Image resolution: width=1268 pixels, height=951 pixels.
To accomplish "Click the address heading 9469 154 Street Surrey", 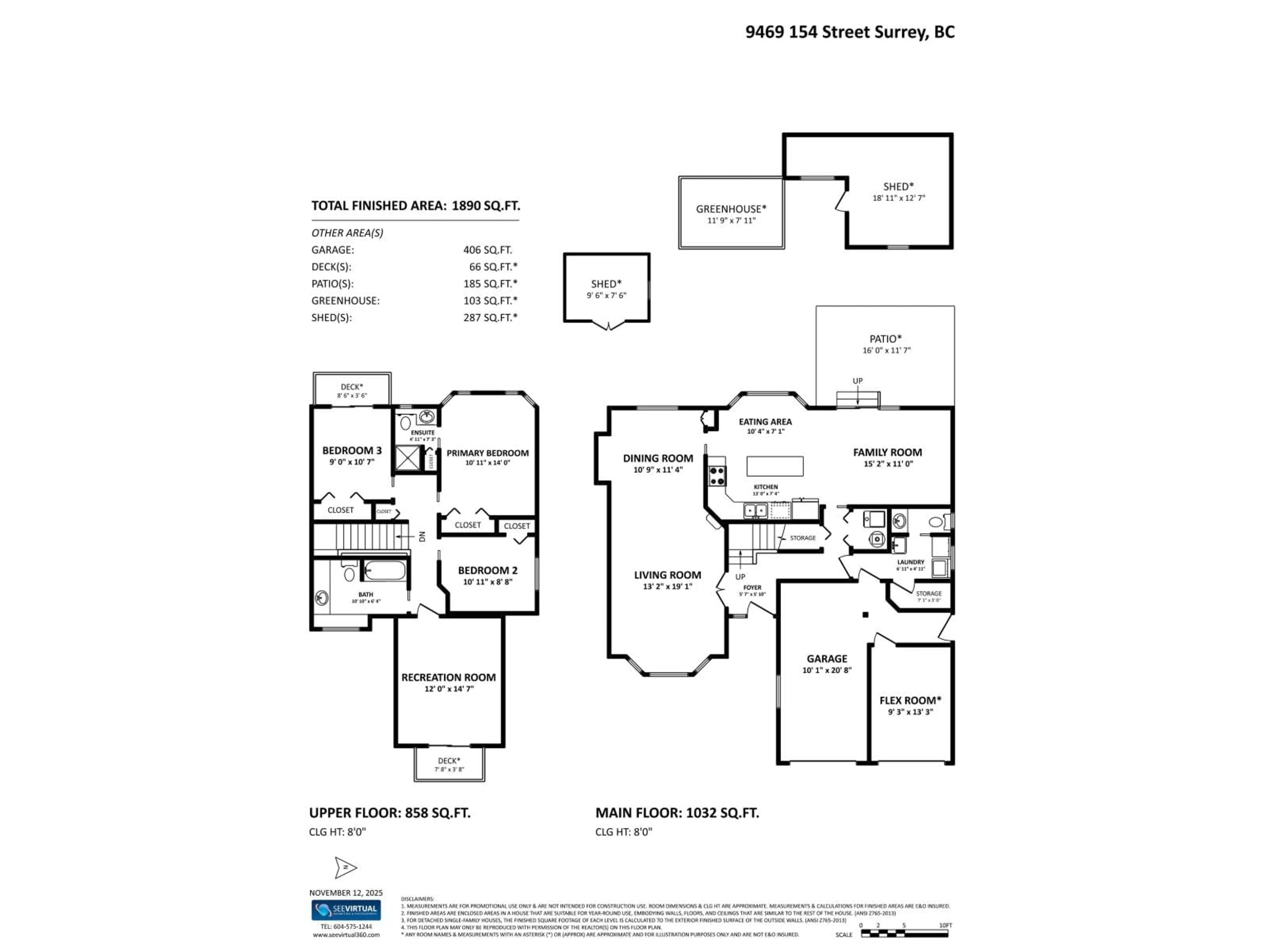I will (850, 32).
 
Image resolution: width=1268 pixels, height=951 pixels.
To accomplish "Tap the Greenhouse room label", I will (731, 209).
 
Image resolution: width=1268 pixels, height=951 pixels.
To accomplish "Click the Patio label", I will (886, 339).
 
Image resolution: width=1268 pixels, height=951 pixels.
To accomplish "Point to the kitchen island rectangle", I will (774, 466).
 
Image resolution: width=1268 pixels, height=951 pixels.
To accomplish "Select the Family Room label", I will (887, 452).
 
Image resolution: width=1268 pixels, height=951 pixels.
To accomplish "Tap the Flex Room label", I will (910, 700).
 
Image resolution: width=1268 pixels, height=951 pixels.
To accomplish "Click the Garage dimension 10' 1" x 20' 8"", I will (827, 670).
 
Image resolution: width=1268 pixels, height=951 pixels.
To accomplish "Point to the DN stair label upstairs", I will (422, 537).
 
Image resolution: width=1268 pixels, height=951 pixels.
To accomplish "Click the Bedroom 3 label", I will (351, 450).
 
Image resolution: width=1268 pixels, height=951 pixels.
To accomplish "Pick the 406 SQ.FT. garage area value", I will (487, 250).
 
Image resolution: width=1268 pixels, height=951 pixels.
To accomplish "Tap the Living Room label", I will (667, 575).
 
